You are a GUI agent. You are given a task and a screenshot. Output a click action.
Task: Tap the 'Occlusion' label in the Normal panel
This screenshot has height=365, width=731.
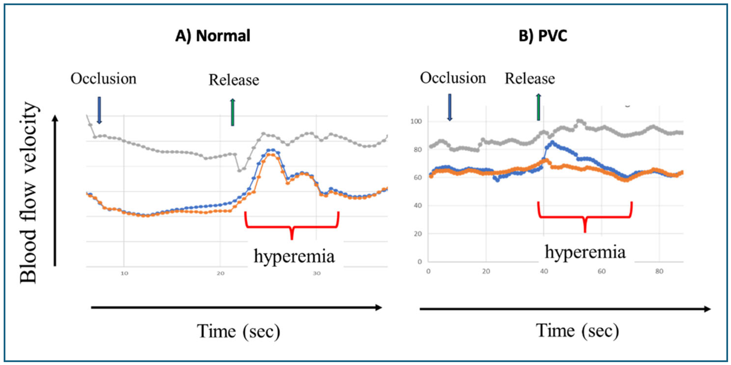tap(103, 79)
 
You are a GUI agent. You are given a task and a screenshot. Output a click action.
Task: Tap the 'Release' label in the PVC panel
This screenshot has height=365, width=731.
tap(530, 79)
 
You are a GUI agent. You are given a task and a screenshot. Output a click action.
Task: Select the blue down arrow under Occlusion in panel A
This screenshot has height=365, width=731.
tap(99, 110)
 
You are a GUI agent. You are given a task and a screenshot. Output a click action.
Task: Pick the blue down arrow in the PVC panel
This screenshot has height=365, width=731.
tap(450, 107)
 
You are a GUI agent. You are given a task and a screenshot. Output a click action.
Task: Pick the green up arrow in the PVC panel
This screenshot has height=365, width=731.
tap(538, 107)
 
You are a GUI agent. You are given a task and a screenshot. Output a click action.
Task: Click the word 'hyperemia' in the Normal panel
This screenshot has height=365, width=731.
tap(294, 256)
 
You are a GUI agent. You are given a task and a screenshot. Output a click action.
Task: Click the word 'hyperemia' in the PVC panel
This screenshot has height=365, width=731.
tap(585, 252)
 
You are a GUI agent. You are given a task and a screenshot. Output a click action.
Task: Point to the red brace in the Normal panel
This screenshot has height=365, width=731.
tap(292, 226)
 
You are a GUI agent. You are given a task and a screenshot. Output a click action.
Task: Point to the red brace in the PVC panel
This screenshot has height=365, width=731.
tap(585, 217)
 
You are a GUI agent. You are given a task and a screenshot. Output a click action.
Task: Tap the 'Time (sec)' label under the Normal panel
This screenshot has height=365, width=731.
tap(238, 331)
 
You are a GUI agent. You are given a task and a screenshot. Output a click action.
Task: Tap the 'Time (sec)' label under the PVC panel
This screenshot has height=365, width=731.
tap(577, 331)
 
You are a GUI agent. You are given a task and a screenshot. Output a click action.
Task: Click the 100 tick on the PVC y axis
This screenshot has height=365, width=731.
tap(416, 122)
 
